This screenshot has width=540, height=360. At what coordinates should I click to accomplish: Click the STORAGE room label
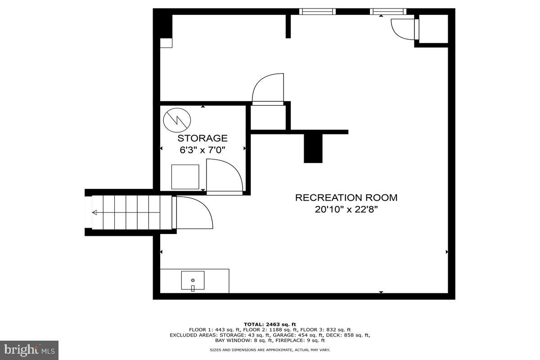(202, 138)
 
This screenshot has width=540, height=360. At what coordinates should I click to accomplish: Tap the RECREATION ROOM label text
(346, 198)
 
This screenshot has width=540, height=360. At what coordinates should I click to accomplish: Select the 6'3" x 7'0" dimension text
(202, 150)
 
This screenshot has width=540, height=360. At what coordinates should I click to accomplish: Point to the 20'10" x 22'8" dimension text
(346, 210)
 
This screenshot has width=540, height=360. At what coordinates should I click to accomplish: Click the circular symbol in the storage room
(177, 120)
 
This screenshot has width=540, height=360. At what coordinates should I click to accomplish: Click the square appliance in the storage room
(185, 177)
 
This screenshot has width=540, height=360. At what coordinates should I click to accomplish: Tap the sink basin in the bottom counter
(193, 281)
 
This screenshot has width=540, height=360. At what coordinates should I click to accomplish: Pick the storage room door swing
(224, 175)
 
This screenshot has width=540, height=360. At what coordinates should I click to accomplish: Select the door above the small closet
(268, 89)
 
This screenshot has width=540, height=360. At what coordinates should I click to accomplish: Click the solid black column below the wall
(313, 148)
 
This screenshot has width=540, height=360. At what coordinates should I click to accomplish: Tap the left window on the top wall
(317, 12)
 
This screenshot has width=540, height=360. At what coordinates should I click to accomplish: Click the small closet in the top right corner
(433, 29)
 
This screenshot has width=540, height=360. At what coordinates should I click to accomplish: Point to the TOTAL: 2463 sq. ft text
(270, 324)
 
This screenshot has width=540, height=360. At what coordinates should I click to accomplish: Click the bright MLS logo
(29, 350)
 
